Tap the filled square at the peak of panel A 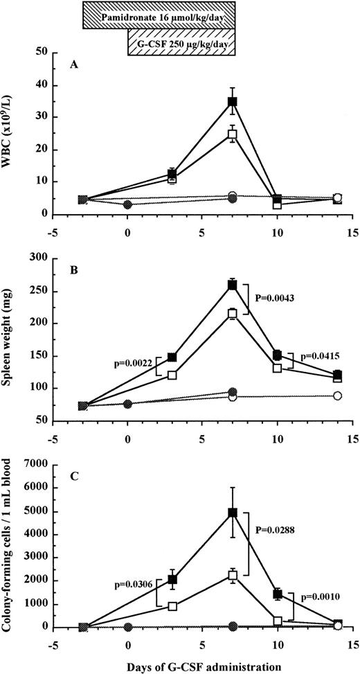pos(233,102)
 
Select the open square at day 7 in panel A pos(233,134)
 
